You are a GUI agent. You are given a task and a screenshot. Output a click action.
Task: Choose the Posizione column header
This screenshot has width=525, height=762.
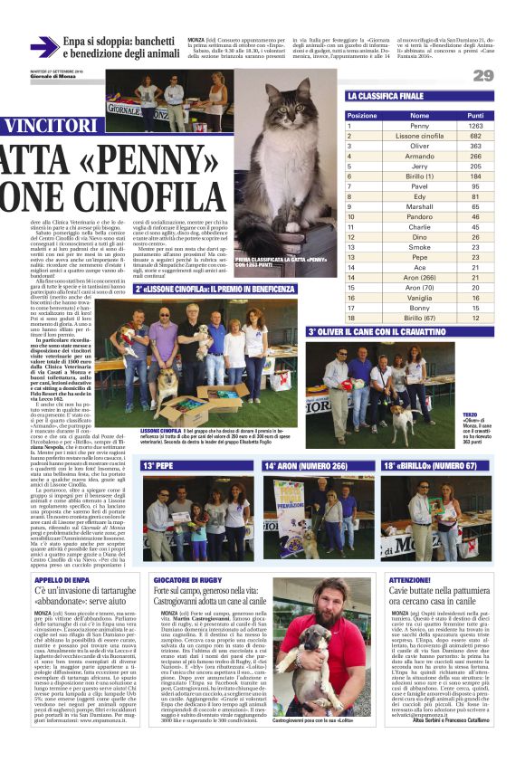[362, 116]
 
